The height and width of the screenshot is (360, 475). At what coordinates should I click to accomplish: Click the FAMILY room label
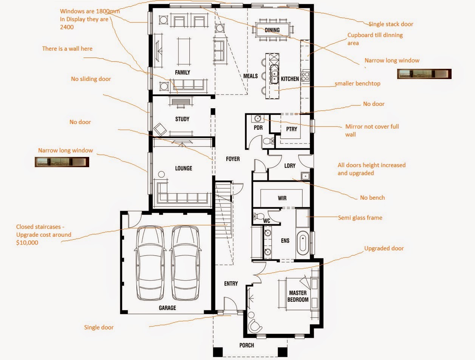(x=183, y=72)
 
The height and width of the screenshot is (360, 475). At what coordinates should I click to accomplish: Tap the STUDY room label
(x=182, y=119)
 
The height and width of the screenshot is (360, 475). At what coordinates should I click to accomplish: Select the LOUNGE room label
(x=183, y=168)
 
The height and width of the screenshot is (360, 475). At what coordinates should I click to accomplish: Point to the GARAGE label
(x=167, y=308)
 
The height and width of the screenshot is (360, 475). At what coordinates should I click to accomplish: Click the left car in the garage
(x=150, y=263)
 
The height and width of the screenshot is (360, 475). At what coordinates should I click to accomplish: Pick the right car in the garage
(x=185, y=263)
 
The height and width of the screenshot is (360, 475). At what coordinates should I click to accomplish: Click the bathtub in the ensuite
(x=302, y=245)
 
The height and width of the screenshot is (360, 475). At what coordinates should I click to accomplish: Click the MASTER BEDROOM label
(x=298, y=296)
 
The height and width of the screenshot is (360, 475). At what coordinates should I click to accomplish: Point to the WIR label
(x=282, y=198)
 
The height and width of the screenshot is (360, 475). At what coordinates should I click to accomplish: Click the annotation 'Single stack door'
(x=391, y=24)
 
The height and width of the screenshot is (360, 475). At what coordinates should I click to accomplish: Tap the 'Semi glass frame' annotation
(x=360, y=217)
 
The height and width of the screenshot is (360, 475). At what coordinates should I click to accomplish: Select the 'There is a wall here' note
(x=67, y=49)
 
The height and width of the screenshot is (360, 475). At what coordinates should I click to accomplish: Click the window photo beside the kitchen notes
(x=424, y=74)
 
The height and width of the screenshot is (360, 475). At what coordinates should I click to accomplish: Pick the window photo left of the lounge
(x=62, y=162)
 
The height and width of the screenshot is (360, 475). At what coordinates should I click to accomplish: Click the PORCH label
(x=246, y=345)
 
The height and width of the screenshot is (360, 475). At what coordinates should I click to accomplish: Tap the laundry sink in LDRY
(x=305, y=176)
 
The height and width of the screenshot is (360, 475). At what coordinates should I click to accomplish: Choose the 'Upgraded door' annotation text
(x=384, y=248)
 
